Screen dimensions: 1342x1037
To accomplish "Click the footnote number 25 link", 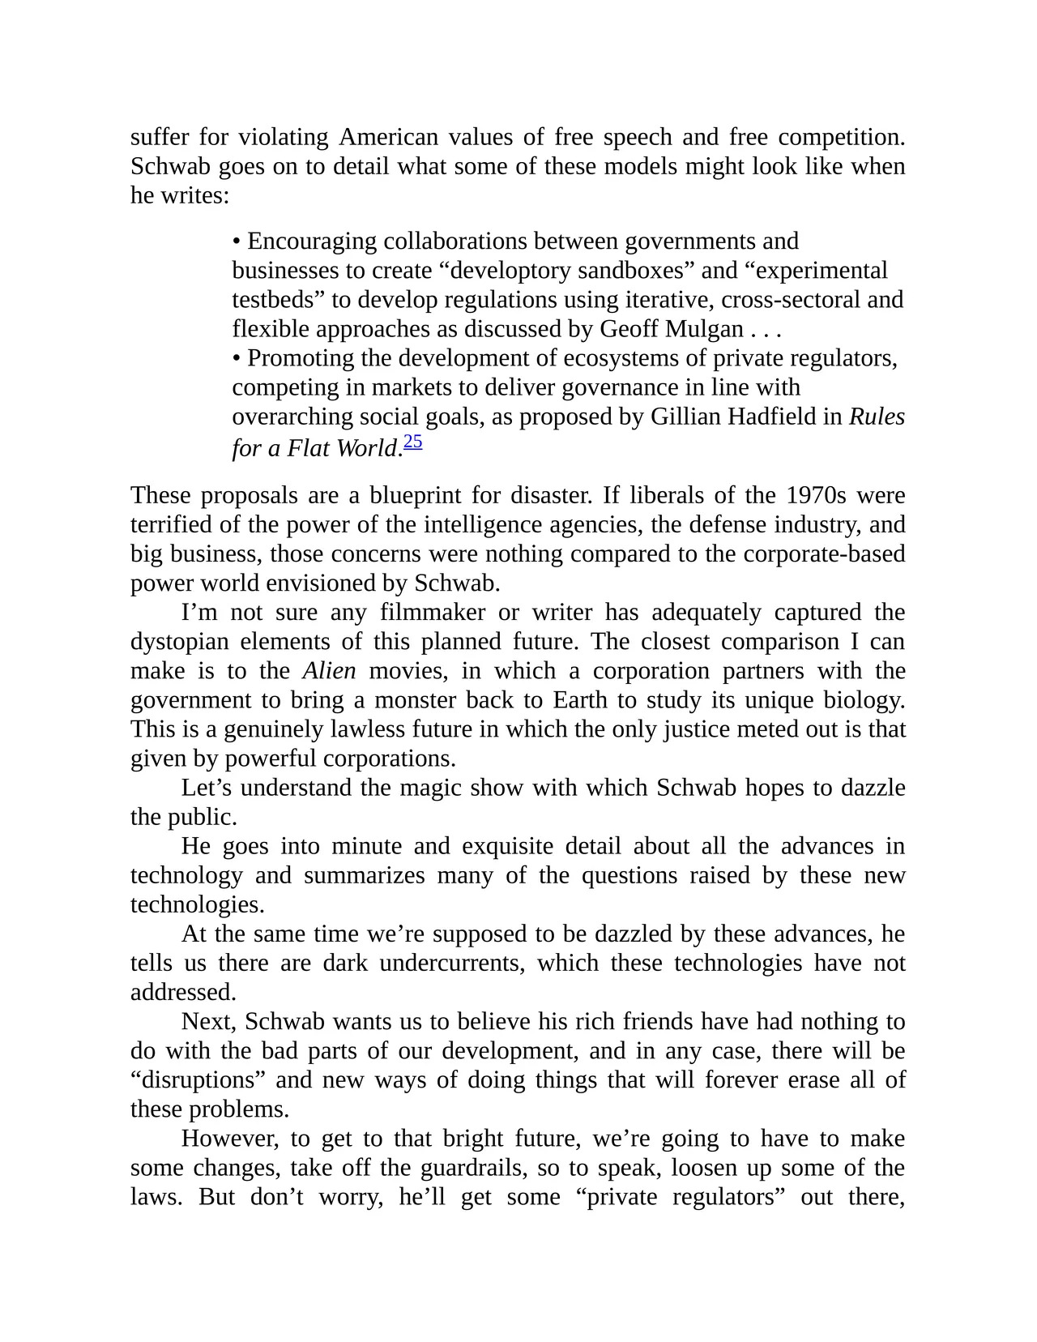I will [x=412, y=442].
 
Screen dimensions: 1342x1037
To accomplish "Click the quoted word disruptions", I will [x=198, y=1080].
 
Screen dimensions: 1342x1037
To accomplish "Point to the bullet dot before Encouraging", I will [x=237, y=242].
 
